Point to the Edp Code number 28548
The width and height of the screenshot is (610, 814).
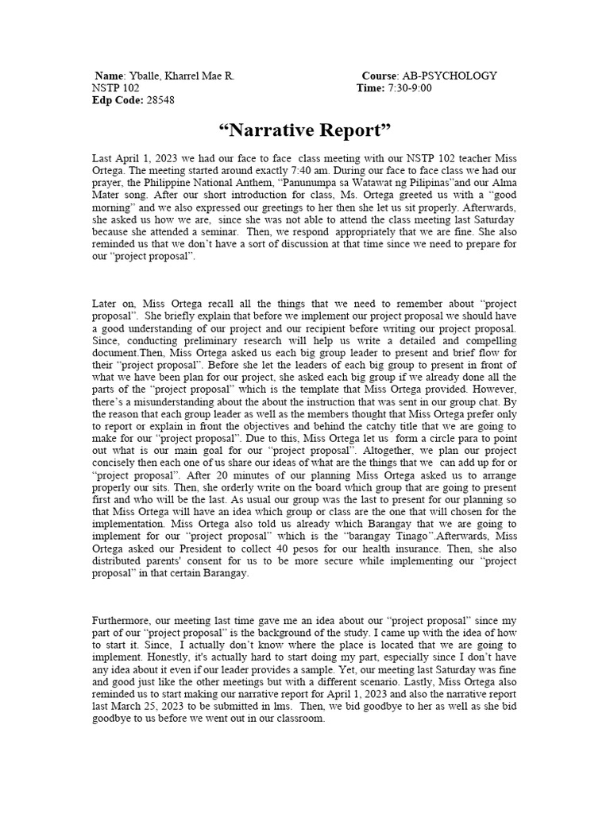click(x=160, y=101)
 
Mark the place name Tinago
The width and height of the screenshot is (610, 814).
click(x=420, y=537)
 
